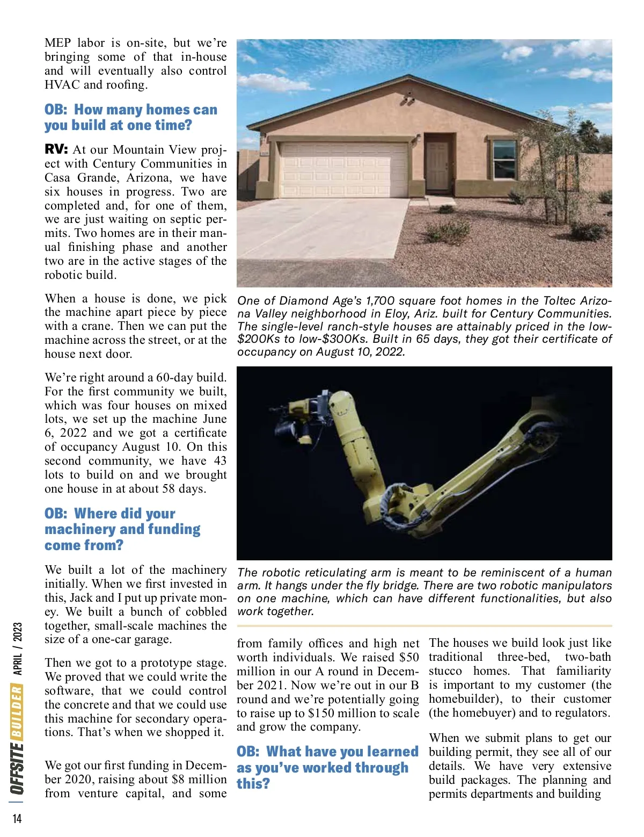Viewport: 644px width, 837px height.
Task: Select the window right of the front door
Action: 504,160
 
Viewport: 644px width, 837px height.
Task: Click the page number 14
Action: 17,818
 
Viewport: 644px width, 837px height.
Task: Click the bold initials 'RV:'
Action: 56,149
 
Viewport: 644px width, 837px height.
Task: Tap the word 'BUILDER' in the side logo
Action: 17,711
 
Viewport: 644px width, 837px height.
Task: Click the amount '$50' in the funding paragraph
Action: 409,658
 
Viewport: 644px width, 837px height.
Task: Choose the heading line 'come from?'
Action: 84,545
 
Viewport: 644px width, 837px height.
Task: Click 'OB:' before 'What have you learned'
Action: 248,752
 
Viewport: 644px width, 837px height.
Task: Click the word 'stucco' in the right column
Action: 445,671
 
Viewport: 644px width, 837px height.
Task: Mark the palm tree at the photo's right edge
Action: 590,132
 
